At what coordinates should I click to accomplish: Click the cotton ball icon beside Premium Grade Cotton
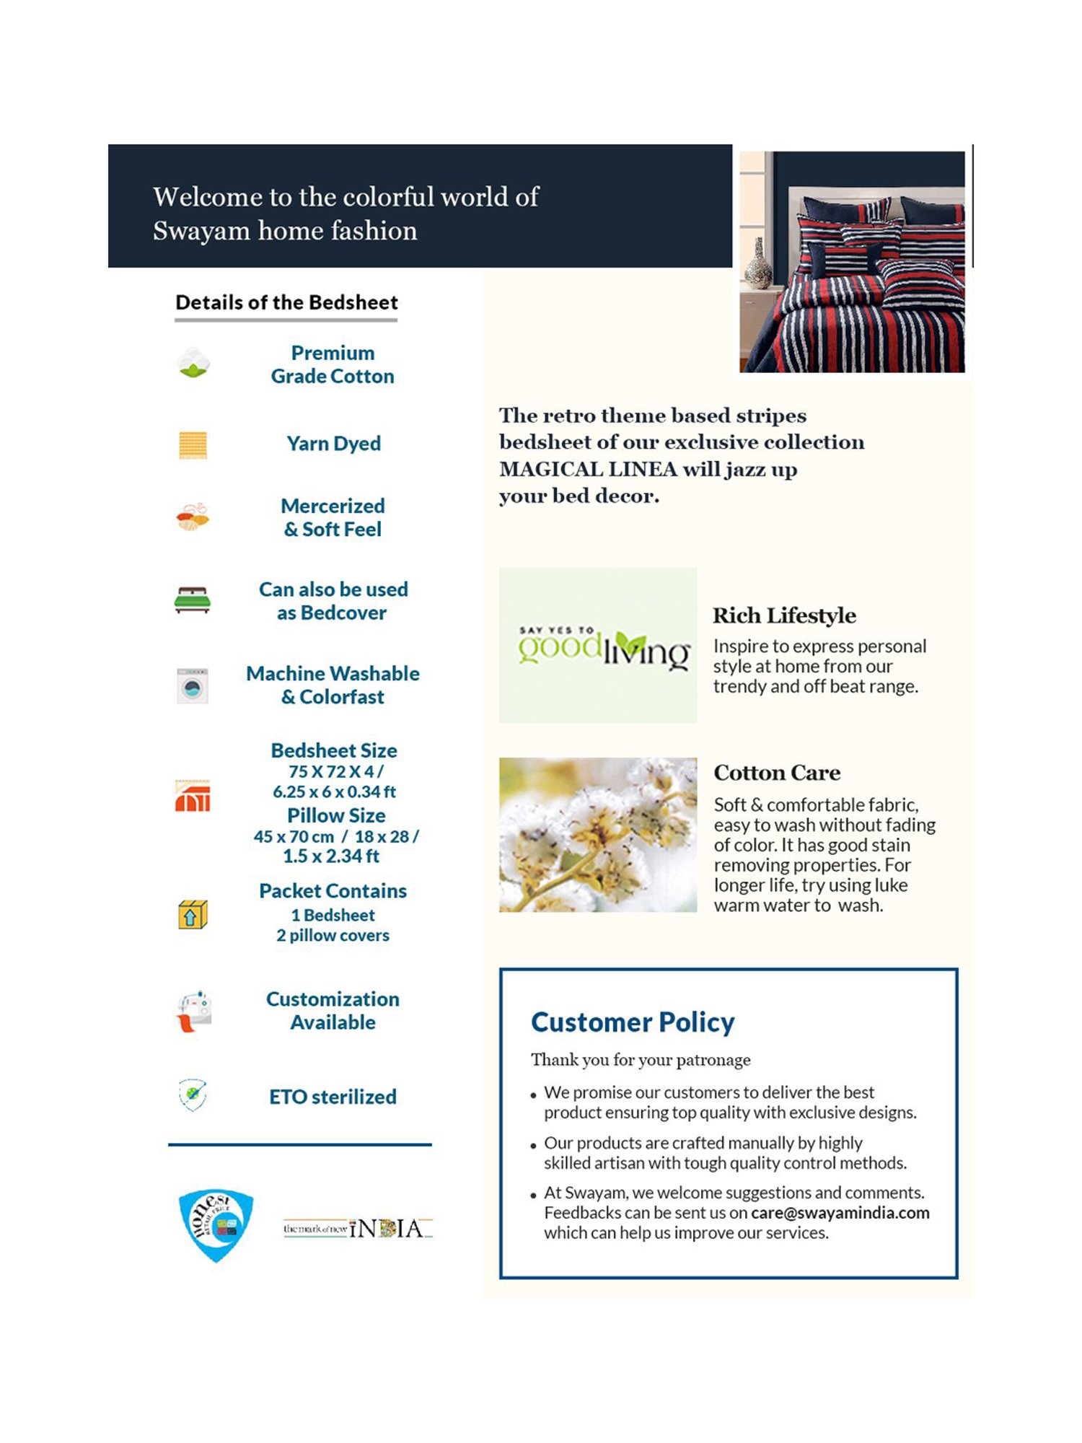[193, 362]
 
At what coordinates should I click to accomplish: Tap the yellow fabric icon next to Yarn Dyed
[193, 444]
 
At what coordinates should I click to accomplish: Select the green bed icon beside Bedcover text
[193, 600]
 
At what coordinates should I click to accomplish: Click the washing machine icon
[193, 685]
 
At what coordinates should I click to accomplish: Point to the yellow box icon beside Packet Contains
[193, 915]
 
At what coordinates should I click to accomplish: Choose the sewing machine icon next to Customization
[193, 1011]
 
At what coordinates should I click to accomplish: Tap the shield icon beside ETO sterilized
[193, 1095]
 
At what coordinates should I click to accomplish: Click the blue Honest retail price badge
[216, 1224]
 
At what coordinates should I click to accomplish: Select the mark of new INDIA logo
[358, 1228]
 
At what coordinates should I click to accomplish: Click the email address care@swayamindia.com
[840, 1213]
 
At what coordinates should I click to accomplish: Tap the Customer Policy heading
[633, 1022]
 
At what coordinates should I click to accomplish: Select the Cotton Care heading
[777, 773]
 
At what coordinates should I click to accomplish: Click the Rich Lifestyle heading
[784, 615]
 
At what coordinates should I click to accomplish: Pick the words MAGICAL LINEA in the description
[588, 469]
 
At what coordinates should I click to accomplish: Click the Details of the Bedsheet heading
[286, 302]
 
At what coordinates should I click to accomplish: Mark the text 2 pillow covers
[333, 935]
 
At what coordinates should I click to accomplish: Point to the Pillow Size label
[336, 815]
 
